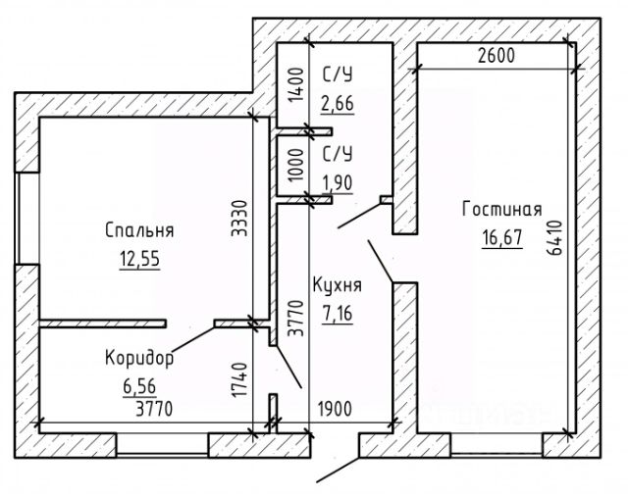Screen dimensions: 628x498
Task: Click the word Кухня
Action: pos(338,286)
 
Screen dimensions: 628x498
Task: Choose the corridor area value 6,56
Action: pos(138,386)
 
